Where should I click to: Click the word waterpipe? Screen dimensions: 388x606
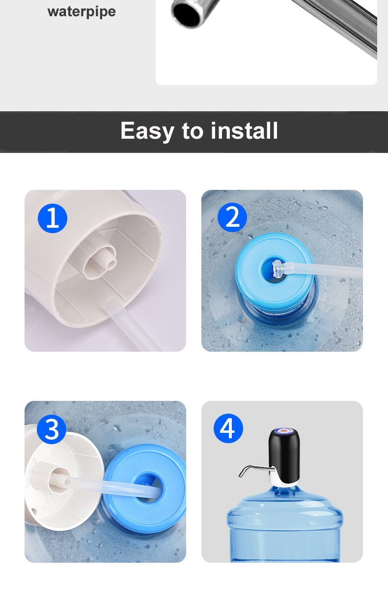click(x=82, y=12)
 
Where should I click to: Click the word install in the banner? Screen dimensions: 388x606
click(x=244, y=130)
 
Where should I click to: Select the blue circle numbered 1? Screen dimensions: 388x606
click(x=53, y=218)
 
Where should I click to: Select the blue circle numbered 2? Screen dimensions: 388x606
click(x=232, y=217)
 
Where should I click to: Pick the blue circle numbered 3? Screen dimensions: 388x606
click(x=52, y=429)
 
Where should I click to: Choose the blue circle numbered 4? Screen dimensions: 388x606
click(x=228, y=428)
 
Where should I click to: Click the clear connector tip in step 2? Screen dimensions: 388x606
click(x=278, y=269)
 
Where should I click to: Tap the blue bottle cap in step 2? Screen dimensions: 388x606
click(x=274, y=272)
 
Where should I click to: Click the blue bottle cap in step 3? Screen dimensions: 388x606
click(x=145, y=488)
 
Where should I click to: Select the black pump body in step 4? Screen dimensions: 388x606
click(x=284, y=453)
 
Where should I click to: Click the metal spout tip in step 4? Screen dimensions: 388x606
click(x=241, y=474)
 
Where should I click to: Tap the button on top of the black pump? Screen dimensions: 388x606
click(x=284, y=431)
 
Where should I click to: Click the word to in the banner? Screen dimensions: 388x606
click(x=193, y=131)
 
